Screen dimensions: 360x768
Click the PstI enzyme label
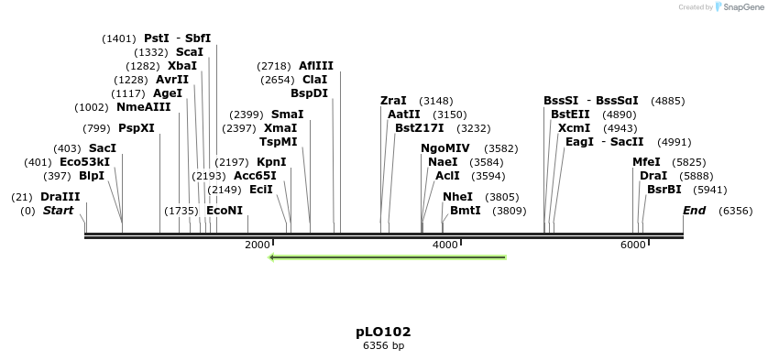(x=157, y=38)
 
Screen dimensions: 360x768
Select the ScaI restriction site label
(x=190, y=52)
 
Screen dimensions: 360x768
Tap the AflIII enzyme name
(x=316, y=66)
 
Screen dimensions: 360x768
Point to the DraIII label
(x=60, y=197)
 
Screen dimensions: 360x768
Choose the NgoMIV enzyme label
(x=445, y=148)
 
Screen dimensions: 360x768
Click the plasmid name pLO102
(x=383, y=332)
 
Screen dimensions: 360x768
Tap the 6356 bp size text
(x=383, y=346)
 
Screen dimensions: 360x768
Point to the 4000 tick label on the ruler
(x=445, y=245)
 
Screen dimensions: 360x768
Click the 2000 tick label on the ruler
(x=258, y=245)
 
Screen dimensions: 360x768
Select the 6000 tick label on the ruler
(x=633, y=245)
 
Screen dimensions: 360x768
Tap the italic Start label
(x=58, y=211)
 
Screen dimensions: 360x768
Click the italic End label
(x=695, y=211)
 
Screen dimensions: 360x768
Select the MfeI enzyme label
(x=646, y=162)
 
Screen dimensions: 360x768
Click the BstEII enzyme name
(x=570, y=115)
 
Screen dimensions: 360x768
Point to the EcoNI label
(x=225, y=211)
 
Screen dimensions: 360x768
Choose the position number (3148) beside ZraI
(x=435, y=101)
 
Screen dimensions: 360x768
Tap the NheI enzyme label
(x=457, y=197)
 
